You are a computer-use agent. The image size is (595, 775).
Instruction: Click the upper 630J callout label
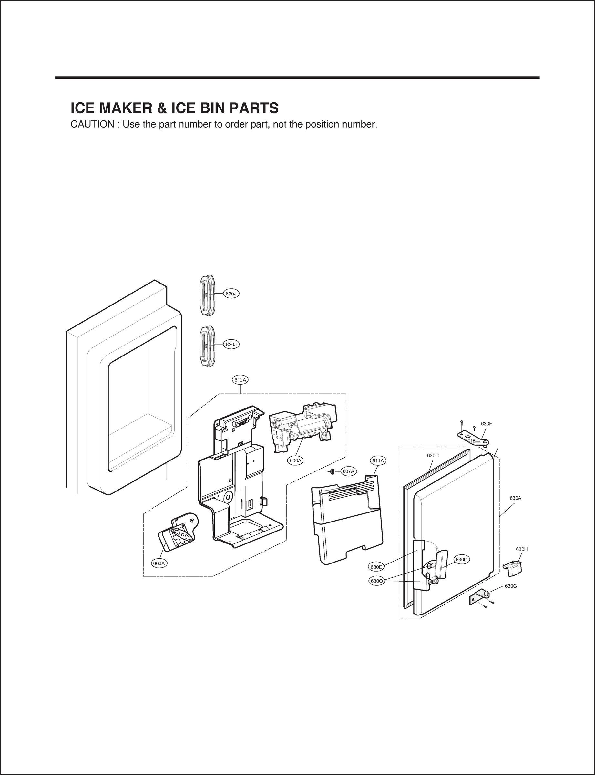click(x=231, y=294)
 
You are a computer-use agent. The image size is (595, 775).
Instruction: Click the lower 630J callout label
click(x=231, y=344)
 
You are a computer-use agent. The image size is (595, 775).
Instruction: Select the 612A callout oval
click(x=240, y=380)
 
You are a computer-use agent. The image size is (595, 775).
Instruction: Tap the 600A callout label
click(x=295, y=460)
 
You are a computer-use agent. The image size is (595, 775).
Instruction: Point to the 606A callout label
click(x=159, y=563)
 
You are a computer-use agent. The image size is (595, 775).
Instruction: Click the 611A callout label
click(x=378, y=461)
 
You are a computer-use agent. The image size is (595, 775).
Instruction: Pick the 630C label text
click(x=433, y=456)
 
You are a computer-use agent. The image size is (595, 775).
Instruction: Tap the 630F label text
click(x=486, y=424)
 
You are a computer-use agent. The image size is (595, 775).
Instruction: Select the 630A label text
click(x=515, y=498)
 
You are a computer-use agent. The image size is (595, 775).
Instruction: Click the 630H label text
click(x=522, y=549)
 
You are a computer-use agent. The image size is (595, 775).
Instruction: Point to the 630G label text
click(x=511, y=586)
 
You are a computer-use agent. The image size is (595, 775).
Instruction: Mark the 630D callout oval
click(x=461, y=560)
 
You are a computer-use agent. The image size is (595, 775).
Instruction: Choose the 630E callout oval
click(x=376, y=567)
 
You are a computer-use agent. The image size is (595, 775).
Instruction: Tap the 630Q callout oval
click(x=376, y=581)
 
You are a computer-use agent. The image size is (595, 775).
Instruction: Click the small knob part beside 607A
click(x=333, y=471)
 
